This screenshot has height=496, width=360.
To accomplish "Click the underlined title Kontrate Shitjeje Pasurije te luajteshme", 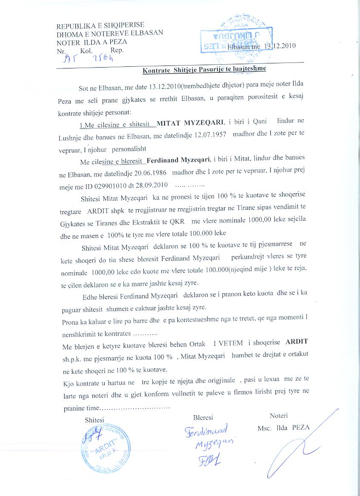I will pyautogui.click(x=204, y=68).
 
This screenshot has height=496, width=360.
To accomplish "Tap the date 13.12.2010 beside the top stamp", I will pyautogui.click(x=280, y=46).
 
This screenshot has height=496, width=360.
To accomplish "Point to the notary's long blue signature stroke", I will pyautogui.click(x=298, y=447).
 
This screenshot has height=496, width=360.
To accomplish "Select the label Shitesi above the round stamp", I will pyautogui.click(x=94, y=419).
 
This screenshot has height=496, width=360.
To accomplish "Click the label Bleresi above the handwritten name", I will pyautogui.click(x=203, y=418).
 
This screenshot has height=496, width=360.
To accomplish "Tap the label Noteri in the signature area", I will pyautogui.click(x=279, y=415).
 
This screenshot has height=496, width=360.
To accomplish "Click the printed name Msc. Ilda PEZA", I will pyautogui.click(x=283, y=428).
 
